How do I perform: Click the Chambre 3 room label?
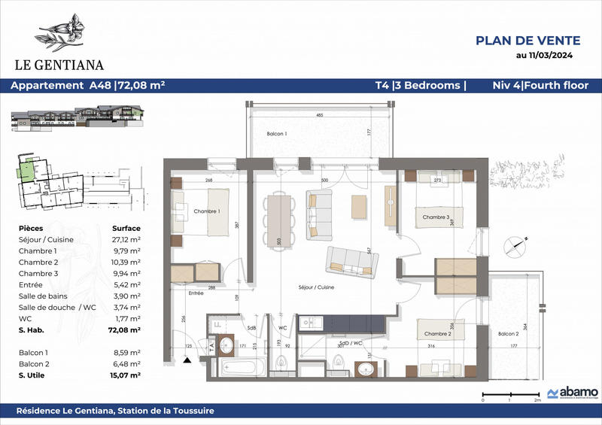point(436,217)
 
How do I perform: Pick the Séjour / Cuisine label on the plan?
point(315,288)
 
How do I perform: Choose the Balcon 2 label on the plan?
point(512,334)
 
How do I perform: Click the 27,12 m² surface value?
point(126,239)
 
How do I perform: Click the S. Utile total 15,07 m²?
point(125,374)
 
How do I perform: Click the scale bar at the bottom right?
point(509,394)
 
